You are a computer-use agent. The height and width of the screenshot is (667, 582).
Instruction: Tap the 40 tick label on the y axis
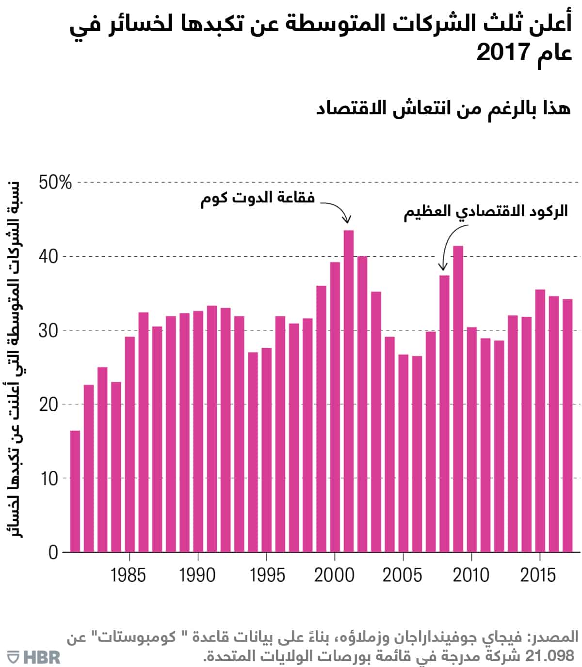click(x=48, y=257)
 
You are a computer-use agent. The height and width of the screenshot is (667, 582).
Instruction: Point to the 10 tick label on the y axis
click(x=48, y=479)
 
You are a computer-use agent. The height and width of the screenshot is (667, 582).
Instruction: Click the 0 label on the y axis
click(x=53, y=553)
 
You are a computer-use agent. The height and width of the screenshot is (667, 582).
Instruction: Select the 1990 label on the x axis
click(x=197, y=575)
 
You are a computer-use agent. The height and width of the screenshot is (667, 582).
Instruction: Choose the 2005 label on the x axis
click(x=402, y=575)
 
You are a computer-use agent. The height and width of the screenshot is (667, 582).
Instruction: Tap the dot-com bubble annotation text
click(x=258, y=198)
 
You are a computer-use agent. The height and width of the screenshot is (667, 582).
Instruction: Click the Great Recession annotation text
click(x=485, y=212)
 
